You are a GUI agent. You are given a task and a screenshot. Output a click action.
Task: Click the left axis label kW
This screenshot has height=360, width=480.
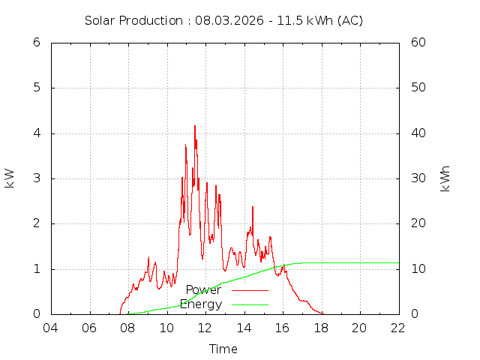10,178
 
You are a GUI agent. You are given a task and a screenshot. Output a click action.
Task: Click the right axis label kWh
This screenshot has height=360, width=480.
445,178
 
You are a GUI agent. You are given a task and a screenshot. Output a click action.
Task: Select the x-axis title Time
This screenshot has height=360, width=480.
223,349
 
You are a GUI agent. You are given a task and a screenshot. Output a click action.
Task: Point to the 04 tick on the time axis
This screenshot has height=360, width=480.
51,328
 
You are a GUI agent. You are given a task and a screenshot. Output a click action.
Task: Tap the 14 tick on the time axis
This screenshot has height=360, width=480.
244,328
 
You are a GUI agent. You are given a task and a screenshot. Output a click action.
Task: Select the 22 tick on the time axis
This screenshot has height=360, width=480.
398,328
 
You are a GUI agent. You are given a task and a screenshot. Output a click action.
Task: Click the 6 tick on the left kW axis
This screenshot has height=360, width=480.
36,42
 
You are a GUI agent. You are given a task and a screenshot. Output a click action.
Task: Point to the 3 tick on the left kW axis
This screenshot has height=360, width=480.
36,178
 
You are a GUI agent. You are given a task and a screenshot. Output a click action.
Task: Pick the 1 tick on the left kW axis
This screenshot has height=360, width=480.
36,269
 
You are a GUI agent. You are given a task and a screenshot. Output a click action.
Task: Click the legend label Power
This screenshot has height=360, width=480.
203,289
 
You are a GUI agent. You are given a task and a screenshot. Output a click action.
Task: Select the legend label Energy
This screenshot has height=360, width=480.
201,304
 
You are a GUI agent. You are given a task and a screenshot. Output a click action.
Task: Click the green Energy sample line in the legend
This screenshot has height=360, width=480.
250,304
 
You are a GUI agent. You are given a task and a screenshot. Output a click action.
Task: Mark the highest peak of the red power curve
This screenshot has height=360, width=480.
194,126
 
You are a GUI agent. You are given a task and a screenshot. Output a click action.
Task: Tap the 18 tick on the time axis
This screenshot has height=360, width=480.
321,328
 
